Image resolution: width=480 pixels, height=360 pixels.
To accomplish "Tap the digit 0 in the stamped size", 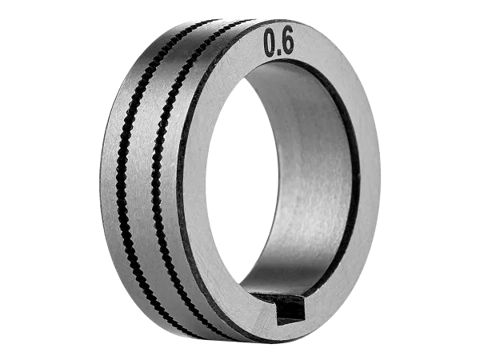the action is coord(270,43).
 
